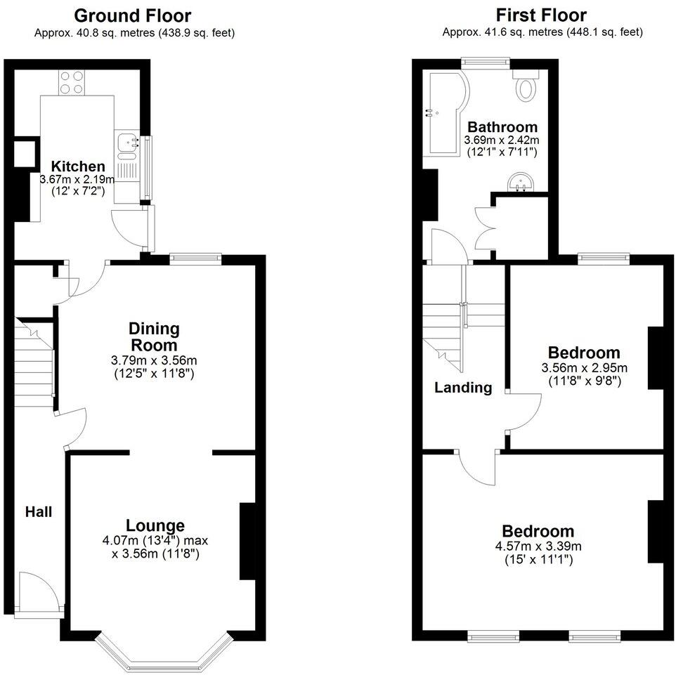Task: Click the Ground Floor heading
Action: pos(132,15)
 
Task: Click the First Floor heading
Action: pos(540,15)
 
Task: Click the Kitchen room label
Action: pos(78,166)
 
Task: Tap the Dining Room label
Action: pos(153,336)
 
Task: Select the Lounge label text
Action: pos(155,525)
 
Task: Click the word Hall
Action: pos(39,512)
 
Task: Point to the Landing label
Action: pos(463,387)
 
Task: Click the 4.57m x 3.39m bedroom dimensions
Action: pos(538,546)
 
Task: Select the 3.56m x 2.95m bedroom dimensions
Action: pos(584,367)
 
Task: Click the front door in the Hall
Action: pos(35,594)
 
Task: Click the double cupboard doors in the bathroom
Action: pos(486,226)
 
